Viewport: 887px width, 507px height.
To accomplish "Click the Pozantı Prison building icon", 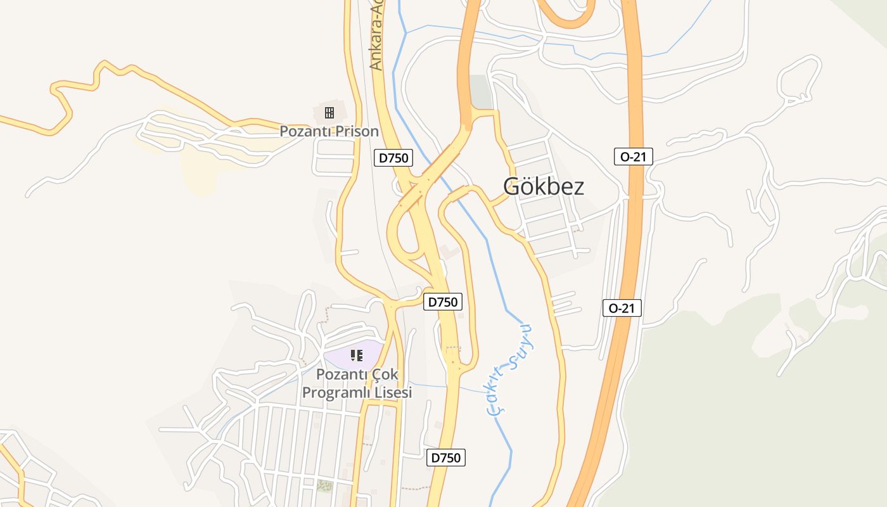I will click(329, 113).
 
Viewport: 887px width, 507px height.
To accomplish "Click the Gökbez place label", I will click(543, 186).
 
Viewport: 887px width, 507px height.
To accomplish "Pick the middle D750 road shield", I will click(442, 302).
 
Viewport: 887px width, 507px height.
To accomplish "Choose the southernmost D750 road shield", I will click(446, 457).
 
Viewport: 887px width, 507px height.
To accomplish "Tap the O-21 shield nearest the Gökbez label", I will click(633, 157).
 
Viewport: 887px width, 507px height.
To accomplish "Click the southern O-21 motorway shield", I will click(622, 309).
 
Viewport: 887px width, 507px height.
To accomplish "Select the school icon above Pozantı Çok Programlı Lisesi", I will click(356, 356).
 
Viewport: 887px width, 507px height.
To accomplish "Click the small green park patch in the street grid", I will click(324, 486).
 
